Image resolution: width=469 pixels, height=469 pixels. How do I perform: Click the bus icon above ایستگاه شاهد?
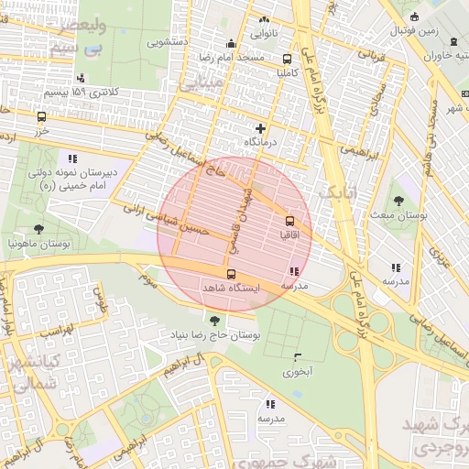point(230,273)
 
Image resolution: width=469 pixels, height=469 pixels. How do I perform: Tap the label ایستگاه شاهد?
point(231,288)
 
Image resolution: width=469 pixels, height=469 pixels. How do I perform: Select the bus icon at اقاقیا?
point(290,221)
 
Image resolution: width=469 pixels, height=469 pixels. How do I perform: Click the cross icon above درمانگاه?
point(261,129)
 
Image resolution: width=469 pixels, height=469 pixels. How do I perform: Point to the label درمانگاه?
point(261,144)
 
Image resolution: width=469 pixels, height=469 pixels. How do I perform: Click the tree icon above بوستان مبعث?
point(398,201)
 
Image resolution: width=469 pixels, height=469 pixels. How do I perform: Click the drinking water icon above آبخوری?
point(297,357)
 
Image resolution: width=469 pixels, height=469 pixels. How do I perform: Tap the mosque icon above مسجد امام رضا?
point(231,43)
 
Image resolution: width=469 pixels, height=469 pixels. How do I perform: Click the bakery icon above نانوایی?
point(265,19)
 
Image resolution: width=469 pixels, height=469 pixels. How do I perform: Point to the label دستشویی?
point(171,42)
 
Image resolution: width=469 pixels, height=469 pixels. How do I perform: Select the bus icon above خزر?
point(41,116)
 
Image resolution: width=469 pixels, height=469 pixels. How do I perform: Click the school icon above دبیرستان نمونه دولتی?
point(73,158)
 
